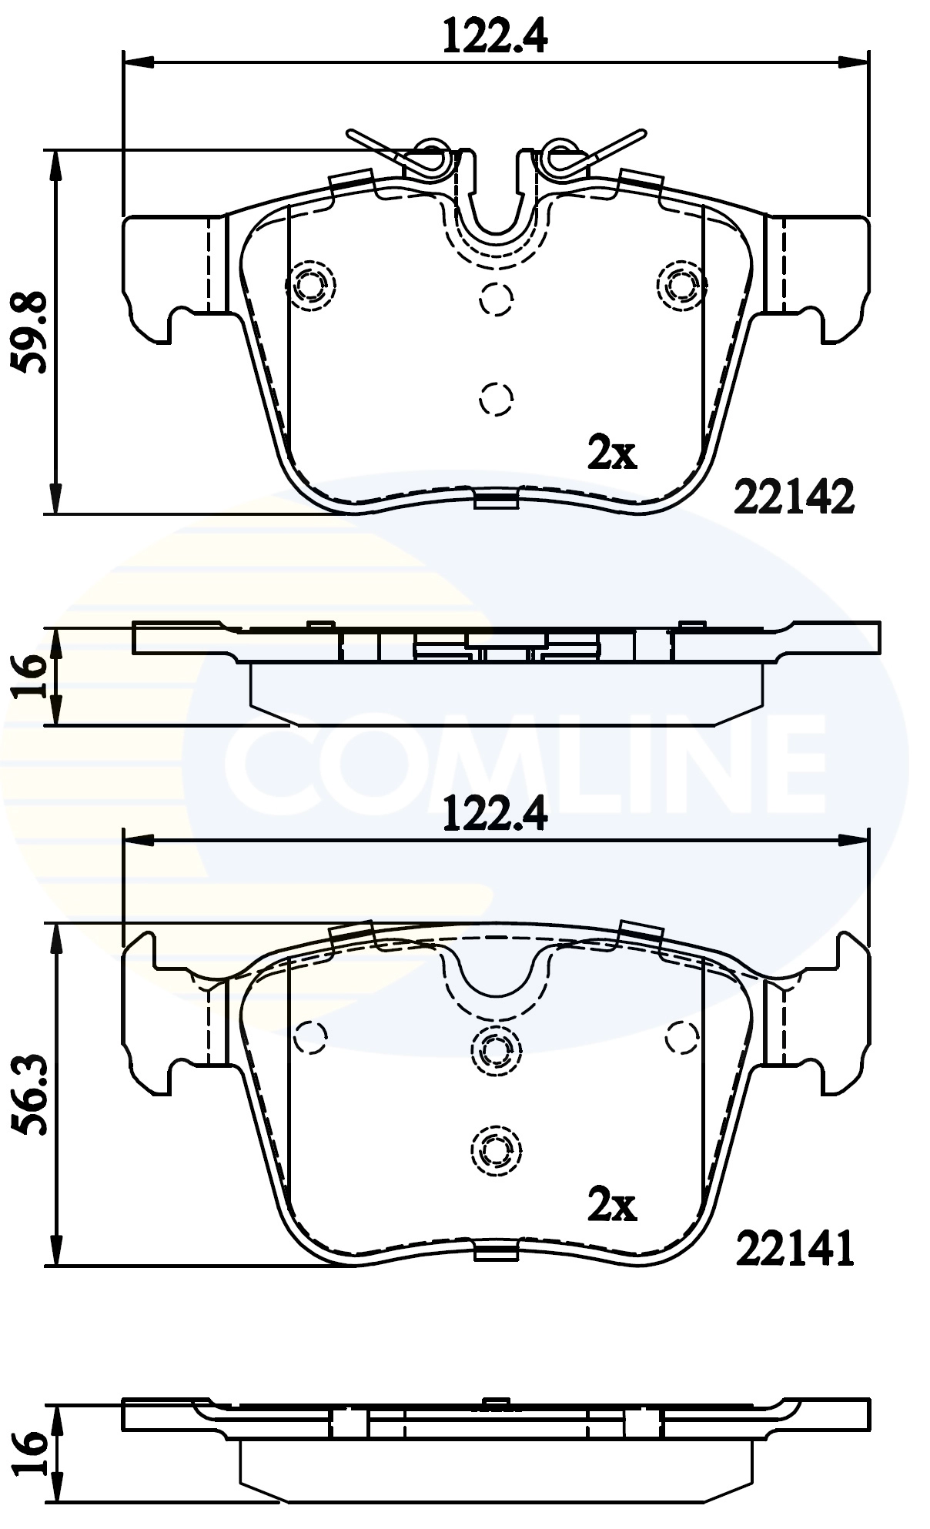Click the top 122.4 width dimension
point(494,35)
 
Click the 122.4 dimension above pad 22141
point(494,814)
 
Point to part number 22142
point(795,497)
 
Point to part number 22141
point(795,1249)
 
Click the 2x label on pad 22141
point(612,1205)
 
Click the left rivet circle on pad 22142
point(311,286)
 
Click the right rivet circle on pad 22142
point(681,286)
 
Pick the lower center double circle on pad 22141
point(495,1149)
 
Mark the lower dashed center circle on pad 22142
point(496,399)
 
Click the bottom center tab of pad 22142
point(494,501)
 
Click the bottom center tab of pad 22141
point(494,1253)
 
